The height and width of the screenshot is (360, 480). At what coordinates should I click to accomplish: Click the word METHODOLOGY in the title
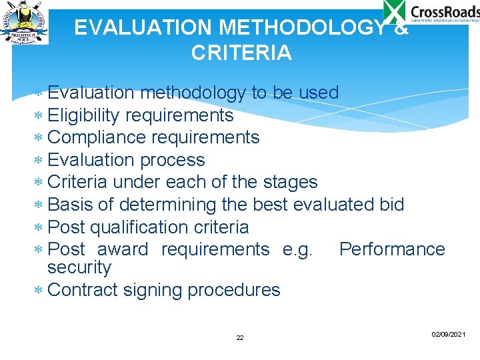[301, 27]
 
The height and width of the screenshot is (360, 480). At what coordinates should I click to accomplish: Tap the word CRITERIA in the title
[241, 53]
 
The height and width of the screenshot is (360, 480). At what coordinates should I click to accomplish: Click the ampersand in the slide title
[401, 27]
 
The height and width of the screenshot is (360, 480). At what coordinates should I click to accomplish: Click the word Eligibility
[84, 115]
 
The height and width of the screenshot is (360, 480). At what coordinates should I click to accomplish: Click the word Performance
[391, 249]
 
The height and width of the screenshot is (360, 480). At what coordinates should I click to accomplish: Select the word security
[79, 267]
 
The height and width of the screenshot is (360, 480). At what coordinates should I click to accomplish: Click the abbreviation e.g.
[297, 249]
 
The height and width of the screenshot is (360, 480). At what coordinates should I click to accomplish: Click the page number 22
[240, 338]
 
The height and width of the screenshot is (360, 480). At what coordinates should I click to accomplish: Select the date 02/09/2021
[448, 333]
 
